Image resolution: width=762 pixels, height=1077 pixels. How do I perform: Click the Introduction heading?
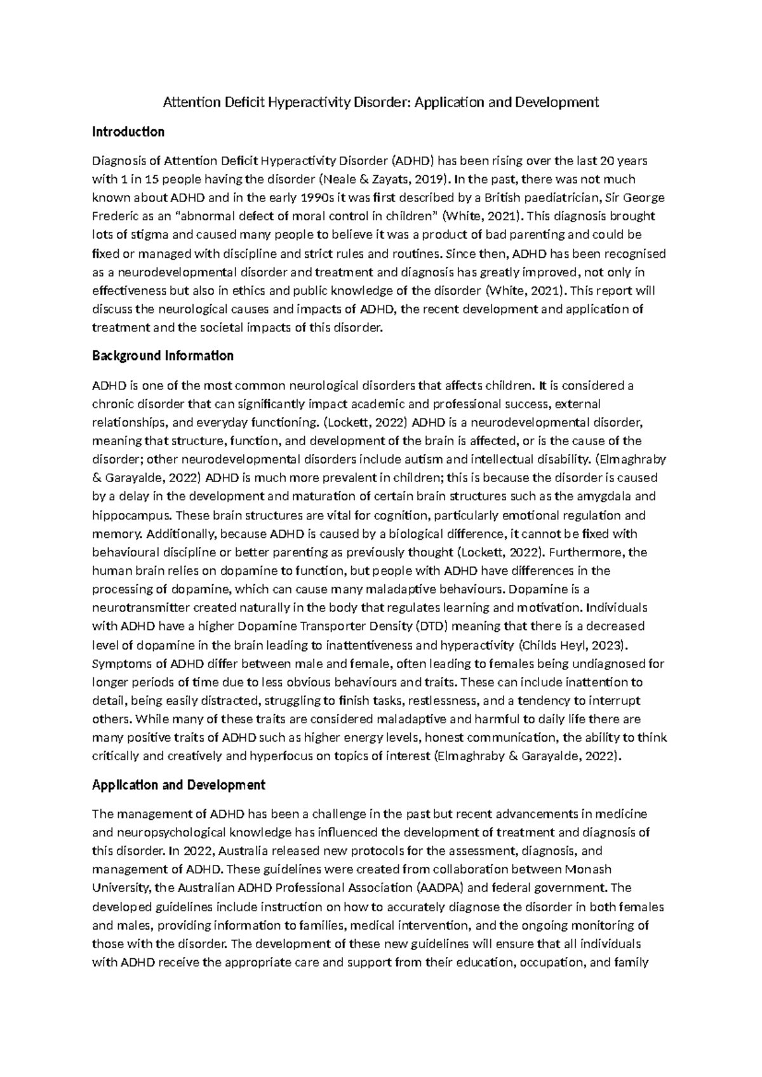[x=128, y=132]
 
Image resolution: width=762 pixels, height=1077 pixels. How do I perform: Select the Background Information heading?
[x=163, y=356]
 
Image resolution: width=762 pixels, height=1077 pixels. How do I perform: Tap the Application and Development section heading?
[x=178, y=785]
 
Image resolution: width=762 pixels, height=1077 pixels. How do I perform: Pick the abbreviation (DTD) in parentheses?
[x=432, y=626]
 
